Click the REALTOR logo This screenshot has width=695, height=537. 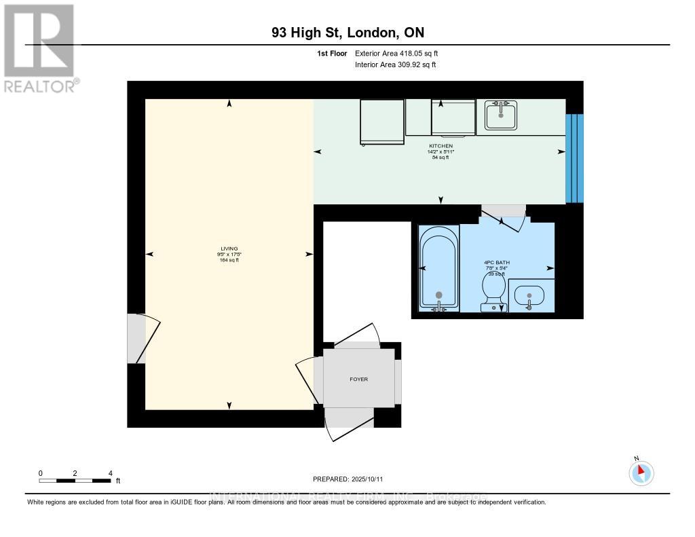[x=39, y=48]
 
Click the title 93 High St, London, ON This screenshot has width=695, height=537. [x=347, y=33]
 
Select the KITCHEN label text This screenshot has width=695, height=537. [x=440, y=146]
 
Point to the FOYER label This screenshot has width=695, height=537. [x=358, y=379]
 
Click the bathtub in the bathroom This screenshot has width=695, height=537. [x=438, y=269]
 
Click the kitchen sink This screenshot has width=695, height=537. [x=501, y=114]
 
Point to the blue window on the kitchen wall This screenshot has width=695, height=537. [x=574, y=158]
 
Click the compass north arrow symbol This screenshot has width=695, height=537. [x=641, y=473]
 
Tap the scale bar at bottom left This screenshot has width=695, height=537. [x=75, y=481]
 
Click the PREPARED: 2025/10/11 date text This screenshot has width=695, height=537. [x=352, y=479]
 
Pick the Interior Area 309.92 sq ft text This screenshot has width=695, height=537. [x=395, y=65]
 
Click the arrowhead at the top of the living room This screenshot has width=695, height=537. [x=229, y=103]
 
